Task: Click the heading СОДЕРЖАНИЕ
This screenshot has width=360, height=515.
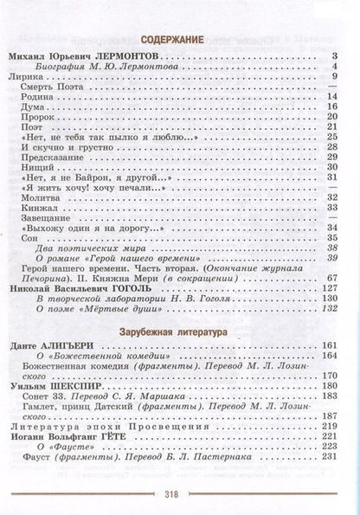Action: pos(180,40)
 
